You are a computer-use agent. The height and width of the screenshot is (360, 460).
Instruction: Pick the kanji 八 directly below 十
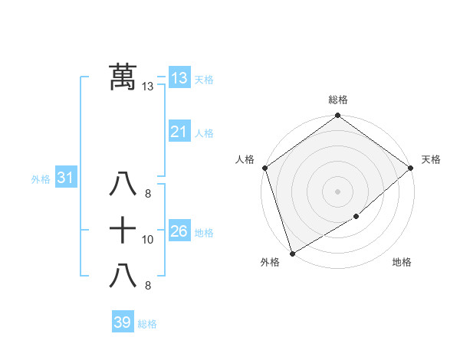[123, 275]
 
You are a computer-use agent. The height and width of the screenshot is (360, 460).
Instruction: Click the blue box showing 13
[179, 77]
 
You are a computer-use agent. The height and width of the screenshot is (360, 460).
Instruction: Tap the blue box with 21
[179, 132]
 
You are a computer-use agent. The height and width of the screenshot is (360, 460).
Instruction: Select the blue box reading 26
[179, 231]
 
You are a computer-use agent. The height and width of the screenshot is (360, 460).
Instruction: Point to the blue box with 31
[65, 178]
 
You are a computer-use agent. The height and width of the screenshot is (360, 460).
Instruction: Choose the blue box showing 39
[122, 322]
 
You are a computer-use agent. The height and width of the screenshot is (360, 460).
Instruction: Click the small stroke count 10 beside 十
[148, 240]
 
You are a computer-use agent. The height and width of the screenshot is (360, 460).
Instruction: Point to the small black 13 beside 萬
[148, 87]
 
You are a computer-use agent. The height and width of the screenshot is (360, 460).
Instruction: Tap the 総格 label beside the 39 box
[147, 324]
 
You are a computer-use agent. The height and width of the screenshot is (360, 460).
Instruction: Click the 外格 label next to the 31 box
[41, 179]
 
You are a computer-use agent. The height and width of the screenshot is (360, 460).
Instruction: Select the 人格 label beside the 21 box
[204, 133]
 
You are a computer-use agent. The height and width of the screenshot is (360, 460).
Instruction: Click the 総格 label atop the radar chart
[337, 100]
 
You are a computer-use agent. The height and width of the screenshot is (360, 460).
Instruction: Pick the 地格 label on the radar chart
[402, 263]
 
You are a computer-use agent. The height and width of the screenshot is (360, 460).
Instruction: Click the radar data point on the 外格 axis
[292, 253]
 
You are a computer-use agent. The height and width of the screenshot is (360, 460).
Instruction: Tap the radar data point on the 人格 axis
[264, 168]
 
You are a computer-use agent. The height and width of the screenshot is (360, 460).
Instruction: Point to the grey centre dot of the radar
[337, 191]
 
